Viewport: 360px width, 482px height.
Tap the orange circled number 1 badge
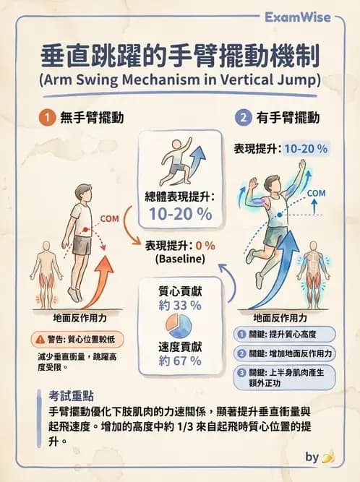(x=45, y=116)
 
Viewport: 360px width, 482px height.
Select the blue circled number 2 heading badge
(x=242, y=116)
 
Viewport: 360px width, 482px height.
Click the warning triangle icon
(x=39, y=339)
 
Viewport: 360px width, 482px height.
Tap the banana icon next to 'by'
(x=328, y=457)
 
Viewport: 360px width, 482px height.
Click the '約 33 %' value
(x=180, y=305)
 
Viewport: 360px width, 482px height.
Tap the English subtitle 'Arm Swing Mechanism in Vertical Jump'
(x=180, y=79)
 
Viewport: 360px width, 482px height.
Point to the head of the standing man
(x=82, y=194)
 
